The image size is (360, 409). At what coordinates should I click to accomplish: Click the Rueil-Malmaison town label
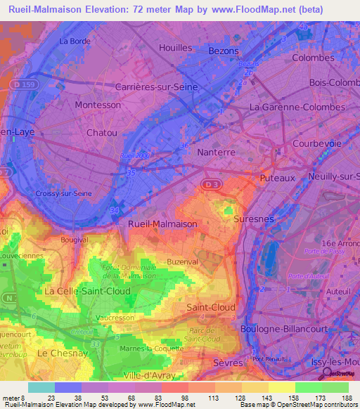162,223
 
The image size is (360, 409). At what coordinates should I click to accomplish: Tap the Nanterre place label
216,152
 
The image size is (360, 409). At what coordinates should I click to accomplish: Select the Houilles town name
176,48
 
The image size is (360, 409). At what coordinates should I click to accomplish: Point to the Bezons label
224,51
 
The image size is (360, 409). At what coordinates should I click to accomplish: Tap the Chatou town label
101,132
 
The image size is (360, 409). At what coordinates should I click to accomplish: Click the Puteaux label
276,178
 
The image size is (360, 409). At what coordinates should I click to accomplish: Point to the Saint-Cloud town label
210,307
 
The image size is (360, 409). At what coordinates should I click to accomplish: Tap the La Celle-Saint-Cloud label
87,290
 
